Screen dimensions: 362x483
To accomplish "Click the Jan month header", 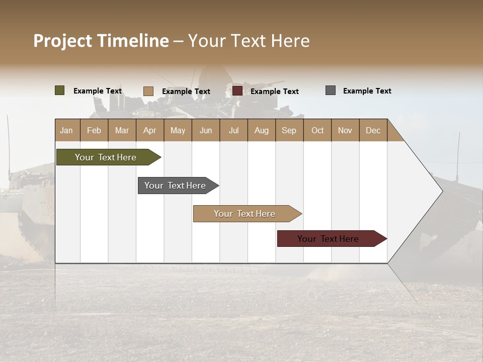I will tap(67, 130).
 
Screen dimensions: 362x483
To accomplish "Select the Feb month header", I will tap(94, 130).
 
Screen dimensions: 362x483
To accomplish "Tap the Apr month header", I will tap(150, 130).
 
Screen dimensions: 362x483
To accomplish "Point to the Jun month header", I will tap(206, 130).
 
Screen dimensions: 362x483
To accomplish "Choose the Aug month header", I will tap(262, 130).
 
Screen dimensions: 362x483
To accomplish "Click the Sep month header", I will tap(289, 130).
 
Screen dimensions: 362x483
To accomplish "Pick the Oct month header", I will tap(317, 130).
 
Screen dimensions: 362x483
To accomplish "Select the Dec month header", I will tap(373, 130).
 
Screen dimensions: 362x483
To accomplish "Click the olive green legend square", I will tap(60, 90).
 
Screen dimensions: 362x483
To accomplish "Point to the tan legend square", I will tap(148, 91).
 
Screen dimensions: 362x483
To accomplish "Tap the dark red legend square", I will tap(237, 91).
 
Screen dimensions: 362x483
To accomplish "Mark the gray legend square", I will tap(331, 90).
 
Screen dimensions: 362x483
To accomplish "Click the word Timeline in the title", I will tap(132, 41).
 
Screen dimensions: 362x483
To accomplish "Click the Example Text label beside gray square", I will tap(367, 90).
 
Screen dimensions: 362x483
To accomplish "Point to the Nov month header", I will tap(345, 130).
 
